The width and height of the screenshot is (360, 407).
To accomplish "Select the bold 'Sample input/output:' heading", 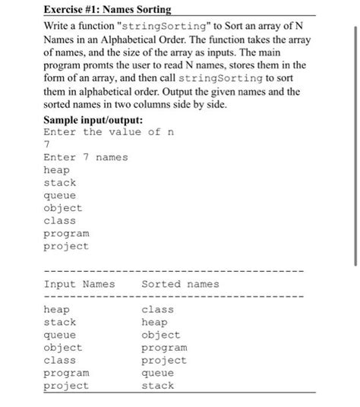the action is point(99,119).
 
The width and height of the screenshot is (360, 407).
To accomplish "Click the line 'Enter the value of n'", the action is point(103,131).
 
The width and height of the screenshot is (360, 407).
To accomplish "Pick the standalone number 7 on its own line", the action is point(48,144).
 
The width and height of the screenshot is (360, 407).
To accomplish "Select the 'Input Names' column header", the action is point(79,284).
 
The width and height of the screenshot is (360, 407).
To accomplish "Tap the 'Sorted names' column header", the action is point(180,284).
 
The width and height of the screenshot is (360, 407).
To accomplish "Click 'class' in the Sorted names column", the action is point(157,310).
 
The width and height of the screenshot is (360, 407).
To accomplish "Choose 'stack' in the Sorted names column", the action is point(157,386).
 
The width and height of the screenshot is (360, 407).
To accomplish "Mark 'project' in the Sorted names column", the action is point(163,360).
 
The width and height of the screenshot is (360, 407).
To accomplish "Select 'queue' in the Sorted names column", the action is point(157,373).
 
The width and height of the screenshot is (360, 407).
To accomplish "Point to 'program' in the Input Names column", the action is point(66,373).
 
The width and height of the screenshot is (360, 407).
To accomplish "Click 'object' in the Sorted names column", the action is point(160,335).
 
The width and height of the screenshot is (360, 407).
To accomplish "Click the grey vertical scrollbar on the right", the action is point(355,144).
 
